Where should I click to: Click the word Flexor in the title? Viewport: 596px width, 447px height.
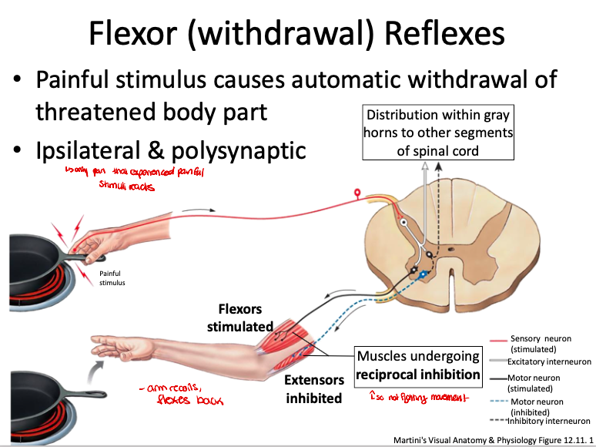point(132,33)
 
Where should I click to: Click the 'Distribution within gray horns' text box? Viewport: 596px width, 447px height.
point(437,133)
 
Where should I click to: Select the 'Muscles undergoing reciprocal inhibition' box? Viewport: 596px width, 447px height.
point(417,366)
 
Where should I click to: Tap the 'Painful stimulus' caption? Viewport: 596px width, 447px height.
point(112,277)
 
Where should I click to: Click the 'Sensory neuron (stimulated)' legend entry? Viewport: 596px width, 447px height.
point(539,344)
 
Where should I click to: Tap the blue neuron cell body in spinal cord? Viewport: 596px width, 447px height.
point(423,274)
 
